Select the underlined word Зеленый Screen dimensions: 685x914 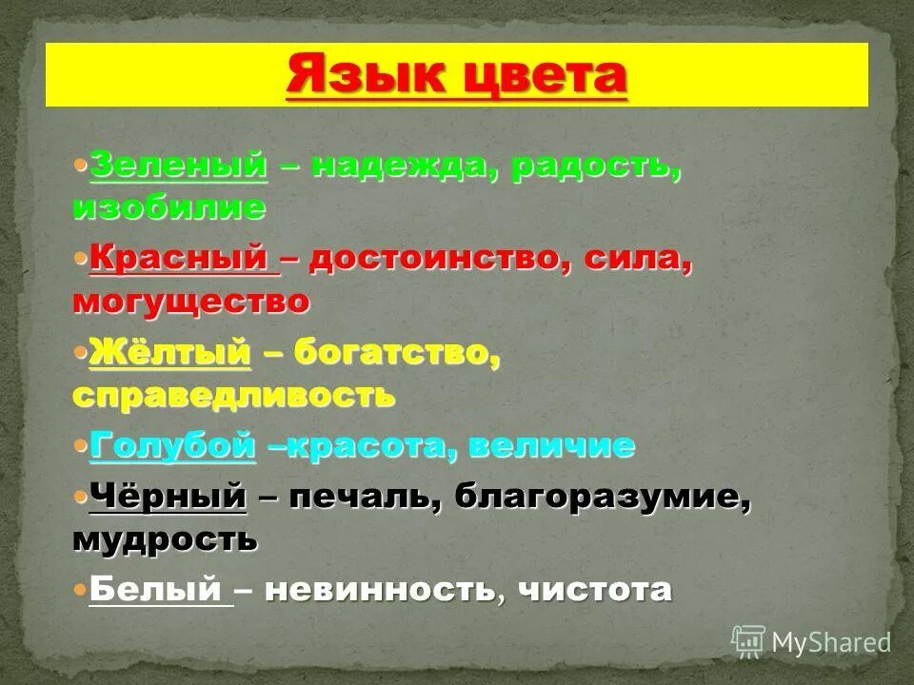[x=178, y=165]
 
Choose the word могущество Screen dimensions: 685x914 [x=190, y=301]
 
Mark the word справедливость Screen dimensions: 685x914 [x=233, y=394]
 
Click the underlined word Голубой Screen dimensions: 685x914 [x=172, y=445]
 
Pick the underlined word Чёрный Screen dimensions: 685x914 [x=168, y=497]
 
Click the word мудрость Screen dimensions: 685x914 [x=164, y=538]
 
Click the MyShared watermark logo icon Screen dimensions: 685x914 [x=748, y=642]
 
